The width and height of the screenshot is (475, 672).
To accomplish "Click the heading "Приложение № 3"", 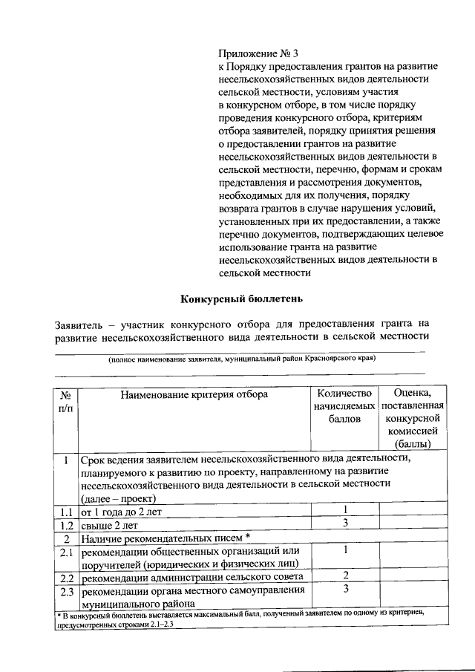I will [258, 53].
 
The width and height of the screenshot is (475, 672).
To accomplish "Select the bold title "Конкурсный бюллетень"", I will [241, 299].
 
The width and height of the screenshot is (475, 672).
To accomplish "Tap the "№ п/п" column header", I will [65, 402].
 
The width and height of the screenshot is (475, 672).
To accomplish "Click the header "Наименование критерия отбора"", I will [194, 394].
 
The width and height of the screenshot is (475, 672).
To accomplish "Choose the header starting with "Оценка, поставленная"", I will [413, 418].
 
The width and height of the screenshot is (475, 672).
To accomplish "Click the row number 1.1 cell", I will [65, 512].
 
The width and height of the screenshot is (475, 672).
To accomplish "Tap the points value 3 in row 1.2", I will [346, 524].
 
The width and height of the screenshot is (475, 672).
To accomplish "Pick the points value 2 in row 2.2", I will [346, 576].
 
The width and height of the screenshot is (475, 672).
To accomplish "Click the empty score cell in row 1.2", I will [413, 524].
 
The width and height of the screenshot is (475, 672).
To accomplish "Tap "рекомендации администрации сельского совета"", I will [191, 578].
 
